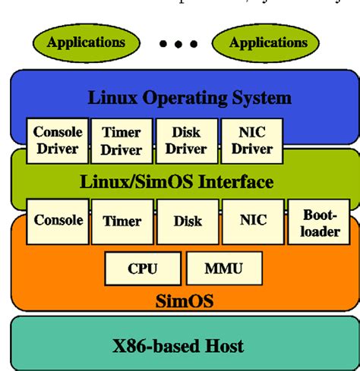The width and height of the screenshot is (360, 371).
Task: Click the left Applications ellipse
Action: [86, 42]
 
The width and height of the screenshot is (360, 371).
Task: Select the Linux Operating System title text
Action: [190, 98]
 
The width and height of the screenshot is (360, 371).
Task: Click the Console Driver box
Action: [57, 140]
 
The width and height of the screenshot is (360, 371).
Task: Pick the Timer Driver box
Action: [122, 140]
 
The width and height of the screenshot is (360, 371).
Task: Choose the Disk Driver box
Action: [186, 140]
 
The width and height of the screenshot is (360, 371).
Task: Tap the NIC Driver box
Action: [251, 140]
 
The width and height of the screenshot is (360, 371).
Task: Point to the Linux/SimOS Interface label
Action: [177, 183]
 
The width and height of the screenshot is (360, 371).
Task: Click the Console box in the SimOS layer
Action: [58, 221]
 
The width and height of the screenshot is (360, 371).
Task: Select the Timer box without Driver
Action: [122, 221]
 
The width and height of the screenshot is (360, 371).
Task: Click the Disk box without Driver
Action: [187, 221]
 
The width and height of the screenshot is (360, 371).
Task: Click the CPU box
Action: [143, 269]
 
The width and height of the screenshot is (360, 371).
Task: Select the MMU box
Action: [223, 269]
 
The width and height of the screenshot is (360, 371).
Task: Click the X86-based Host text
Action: [179, 345]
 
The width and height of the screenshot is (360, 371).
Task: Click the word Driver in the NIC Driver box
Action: [251, 149]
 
